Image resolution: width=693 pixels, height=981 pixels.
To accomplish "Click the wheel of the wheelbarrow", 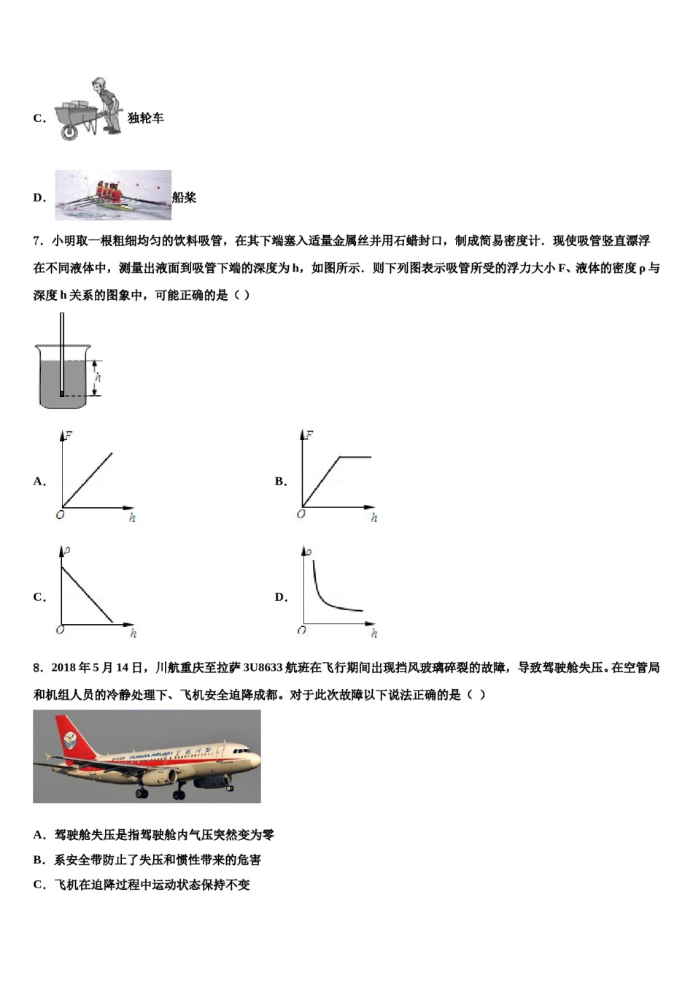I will pyautogui.click(x=69, y=131).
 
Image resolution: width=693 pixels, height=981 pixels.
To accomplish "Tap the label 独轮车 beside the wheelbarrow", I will pyautogui.click(x=146, y=118).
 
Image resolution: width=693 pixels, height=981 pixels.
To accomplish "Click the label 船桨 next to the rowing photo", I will pyautogui.click(x=185, y=197).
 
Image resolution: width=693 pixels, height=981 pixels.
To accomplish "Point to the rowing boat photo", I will pyautogui.click(x=113, y=195).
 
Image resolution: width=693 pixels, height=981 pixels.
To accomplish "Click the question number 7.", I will pyautogui.click(x=37, y=241).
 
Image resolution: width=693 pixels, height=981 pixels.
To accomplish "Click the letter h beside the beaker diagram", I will pyautogui.click(x=98, y=377).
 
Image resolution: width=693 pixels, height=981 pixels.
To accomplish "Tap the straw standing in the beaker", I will pyautogui.click(x=62, y=350).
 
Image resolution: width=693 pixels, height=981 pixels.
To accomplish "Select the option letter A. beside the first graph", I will pyautogui.click(x=39, y=481).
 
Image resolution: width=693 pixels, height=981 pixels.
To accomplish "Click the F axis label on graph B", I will pyautogui.click(x=309, y=435).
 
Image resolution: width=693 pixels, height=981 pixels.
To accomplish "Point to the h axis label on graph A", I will pyautogui.click(x=132, y=518).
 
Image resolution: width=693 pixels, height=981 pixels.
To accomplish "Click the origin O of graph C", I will pyautogui.click(x=60, y=629).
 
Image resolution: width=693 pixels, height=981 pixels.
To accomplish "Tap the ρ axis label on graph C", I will pyautogui.click(x=67, y=550).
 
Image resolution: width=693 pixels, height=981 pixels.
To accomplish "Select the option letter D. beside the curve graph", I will pyautogui.click(x=282, y=597).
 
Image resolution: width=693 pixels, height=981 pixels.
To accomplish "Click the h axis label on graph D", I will pyautogui.click(x=374, y=634).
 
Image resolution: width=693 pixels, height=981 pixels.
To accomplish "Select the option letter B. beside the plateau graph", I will pyautogui.click(x=281, y=481).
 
